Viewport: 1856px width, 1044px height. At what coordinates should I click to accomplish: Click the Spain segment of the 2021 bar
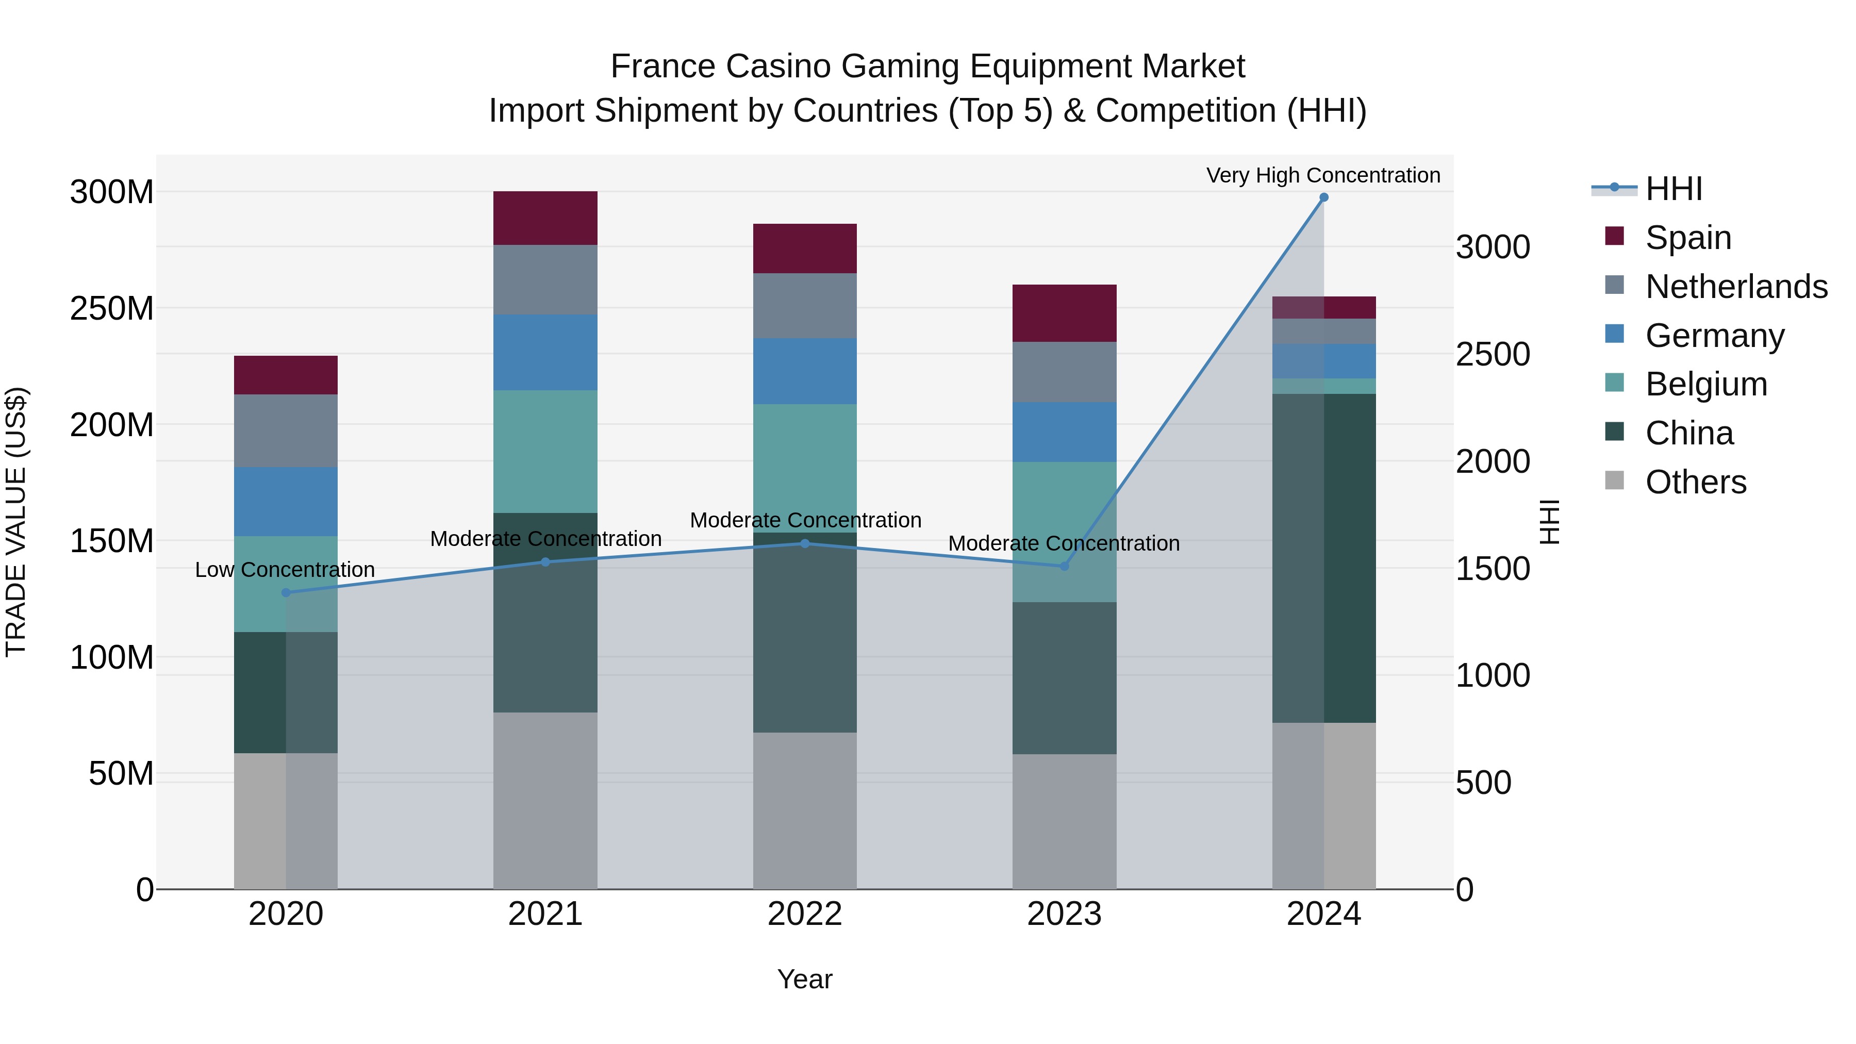click(545, 218)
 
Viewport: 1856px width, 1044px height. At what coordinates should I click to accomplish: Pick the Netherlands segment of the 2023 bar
click(1064, 372)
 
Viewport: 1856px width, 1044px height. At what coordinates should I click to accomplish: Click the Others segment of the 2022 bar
click(805, 810)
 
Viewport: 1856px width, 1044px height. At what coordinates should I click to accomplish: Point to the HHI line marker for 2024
click(1323, 197)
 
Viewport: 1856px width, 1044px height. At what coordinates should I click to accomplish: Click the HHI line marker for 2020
click(286, 592)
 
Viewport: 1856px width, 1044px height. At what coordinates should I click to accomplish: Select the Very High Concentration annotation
click(1323, 175)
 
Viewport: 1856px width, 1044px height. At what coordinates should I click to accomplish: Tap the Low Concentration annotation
click(285, 569)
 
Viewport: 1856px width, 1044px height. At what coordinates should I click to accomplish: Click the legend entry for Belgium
click(1706, 384)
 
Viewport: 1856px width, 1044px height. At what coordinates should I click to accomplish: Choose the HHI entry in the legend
click(1673, 189)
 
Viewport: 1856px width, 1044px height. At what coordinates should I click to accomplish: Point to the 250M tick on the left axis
click(112, 308)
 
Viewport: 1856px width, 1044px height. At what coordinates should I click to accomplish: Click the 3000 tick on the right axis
click(1492, 247)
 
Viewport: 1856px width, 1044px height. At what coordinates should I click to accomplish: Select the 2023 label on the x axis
click(1064, 914)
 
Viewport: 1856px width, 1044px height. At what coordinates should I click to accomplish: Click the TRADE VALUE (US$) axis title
click(16, 522)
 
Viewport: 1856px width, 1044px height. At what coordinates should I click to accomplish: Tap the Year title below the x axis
click(805, 979)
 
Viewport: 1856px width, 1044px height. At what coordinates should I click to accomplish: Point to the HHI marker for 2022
click(805, 543)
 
